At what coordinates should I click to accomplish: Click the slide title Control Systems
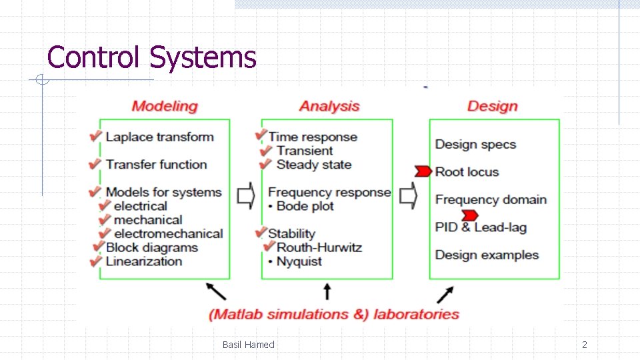click(x=152, y=57)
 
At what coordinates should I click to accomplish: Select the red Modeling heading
click(x=165, y=106)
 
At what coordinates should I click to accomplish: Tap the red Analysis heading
click(x=329, y=106)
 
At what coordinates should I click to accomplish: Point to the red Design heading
click(x=492, y=106)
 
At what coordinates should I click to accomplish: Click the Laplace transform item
click(x=160, y=137)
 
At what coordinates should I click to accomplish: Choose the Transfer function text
click(x=157, y=165)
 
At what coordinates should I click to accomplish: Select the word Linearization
click(x=144, y=261)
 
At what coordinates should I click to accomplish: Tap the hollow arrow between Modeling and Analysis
click(x=246, y=195)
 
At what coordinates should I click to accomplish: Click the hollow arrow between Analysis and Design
click(x=408, y=195)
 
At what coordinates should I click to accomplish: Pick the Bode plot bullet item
click(x=301, y=207)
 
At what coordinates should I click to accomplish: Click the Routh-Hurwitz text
click(x=319, y=247)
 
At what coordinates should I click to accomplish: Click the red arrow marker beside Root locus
click(x=423, y=172)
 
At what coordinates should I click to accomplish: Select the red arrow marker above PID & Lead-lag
click(x=469, y=215)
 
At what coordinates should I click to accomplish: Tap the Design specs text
click(x=475, y=145)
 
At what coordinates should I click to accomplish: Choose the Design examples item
click(x=487, y=255)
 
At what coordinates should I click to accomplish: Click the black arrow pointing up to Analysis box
click(x=327, y=291)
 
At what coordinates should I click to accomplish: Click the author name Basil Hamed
click(x=248, y=345)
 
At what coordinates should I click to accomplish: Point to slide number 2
click(x=585, y=345)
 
